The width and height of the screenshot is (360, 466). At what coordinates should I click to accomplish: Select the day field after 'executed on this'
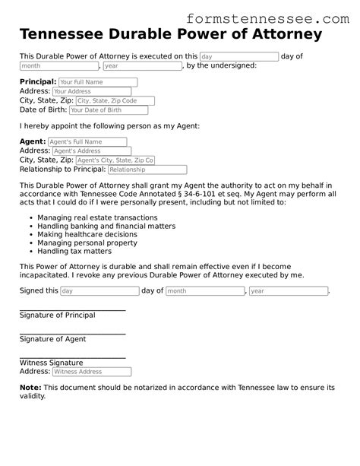pyautogui.click(x=238, y=56)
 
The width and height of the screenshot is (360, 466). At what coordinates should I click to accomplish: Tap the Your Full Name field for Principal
pyautogui.click(x=97, y=81)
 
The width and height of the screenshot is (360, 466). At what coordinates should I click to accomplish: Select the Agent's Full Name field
pyautogui.click(x=87, y=141)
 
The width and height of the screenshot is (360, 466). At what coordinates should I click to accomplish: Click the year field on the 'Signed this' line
pyautogui.click(x=288, y=291)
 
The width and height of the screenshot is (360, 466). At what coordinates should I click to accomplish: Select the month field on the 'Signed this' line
pyautogui.click(x=204, y=291)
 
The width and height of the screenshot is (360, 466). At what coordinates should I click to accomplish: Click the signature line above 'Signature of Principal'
pyautogui.click(x=72, y=309)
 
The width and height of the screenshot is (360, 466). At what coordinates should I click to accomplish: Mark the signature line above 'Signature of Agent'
pyautogui.click(x=72, y=333)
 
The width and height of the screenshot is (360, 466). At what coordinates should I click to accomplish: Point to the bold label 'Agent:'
pyautogui.click(x=32, y=141)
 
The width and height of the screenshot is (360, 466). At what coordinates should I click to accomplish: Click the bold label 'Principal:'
pyautogui.click(x=38, y=81)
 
